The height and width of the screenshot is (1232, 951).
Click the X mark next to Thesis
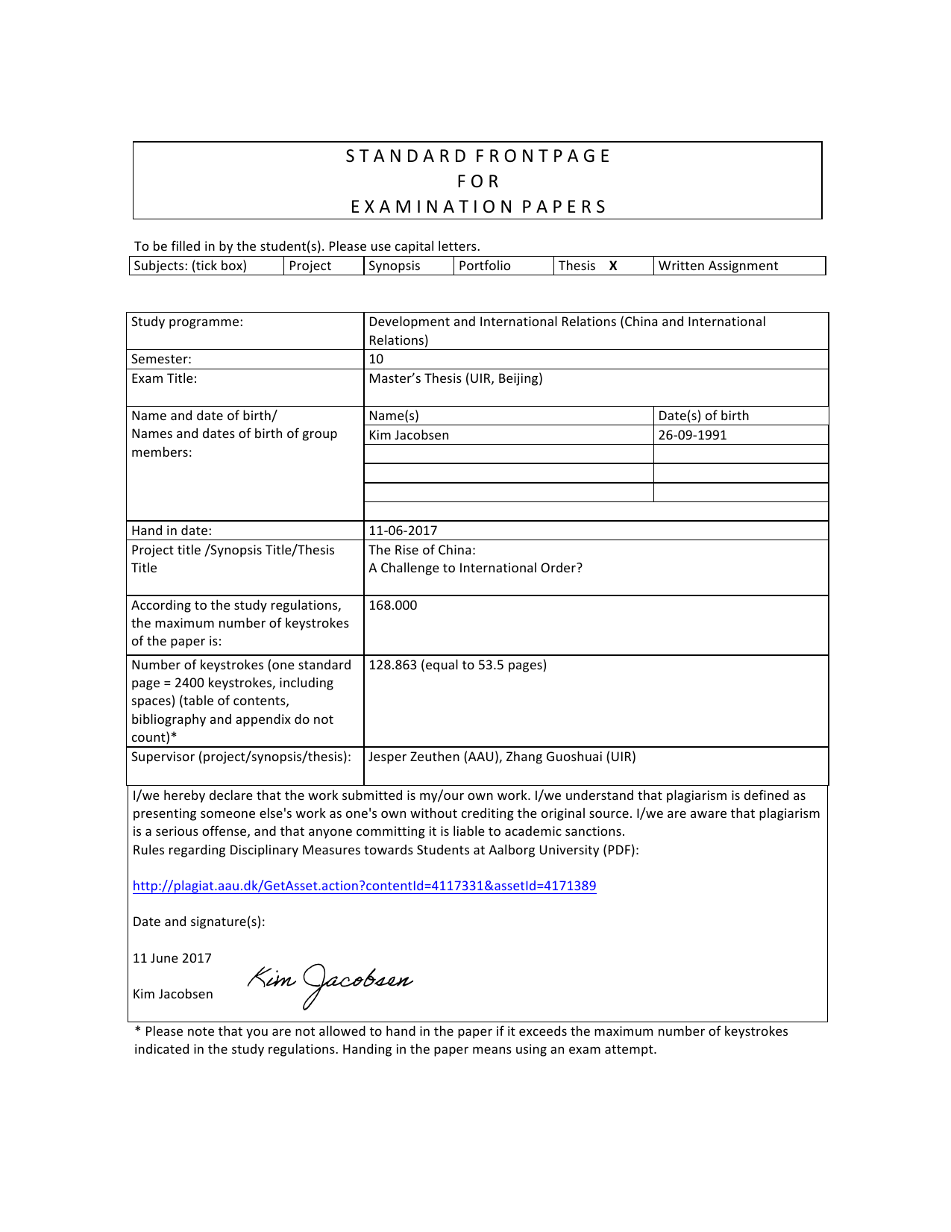tap(613, 266)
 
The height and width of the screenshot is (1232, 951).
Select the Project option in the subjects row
tap(310, 266)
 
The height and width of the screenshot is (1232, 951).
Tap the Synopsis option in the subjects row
tap(394, 266)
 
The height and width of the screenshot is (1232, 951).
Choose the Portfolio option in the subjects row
tap(485, 266)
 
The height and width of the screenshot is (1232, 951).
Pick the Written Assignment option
tap(718, 266)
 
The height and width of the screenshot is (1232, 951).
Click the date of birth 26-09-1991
tap(692, 435)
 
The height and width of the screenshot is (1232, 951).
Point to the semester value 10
tap(376, 359)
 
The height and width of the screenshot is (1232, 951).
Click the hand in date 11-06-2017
tap(403, 531)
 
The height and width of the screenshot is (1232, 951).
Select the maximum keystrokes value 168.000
tap(393, 605)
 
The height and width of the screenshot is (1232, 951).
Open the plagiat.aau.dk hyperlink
tap(364, 886)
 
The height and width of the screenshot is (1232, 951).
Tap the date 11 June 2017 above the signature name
tap(172, 958)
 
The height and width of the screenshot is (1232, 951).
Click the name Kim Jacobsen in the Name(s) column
tap(409, 435)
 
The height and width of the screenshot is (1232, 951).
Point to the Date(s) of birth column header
tap(703, 416)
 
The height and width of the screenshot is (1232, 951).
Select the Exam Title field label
tap(164, 378)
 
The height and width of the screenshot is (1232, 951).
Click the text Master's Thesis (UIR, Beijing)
tap(456, 378)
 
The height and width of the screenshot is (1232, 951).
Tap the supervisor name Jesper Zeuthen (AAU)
tap(436, 757)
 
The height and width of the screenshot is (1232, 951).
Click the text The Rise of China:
tap(422, 550)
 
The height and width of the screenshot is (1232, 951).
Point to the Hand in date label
tap(172, 531)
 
